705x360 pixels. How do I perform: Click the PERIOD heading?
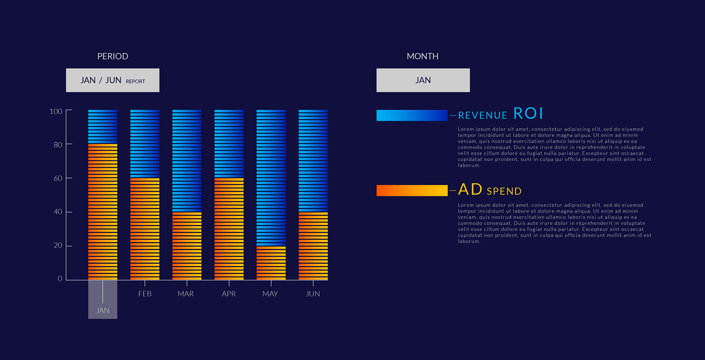[x=113, y=56]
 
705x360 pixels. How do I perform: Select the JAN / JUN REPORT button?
[x=113, y=80]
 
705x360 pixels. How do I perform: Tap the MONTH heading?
[x=423, y=56]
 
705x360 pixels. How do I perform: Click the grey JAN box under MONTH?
[x=423, y=80]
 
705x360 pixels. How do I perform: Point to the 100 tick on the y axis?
[x=69, y=110]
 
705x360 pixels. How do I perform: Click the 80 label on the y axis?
[x=58, y=145]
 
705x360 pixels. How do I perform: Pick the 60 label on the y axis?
[x=58, y=178]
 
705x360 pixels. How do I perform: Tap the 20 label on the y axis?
[x=58, y=245]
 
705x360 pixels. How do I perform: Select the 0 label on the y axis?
[x=60, y=279]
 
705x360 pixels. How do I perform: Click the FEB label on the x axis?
[x=145, y=294]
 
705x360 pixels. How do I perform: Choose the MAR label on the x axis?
[x=186, y=294]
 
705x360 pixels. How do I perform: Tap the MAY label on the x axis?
[x=270, y=294]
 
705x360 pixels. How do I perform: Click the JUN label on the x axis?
[x=313, y=294]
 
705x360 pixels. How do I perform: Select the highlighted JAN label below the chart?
[x=103, y=310]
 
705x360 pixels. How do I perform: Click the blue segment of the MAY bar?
[x=271, y=178]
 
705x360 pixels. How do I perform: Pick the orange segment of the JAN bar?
[x=103, y=212]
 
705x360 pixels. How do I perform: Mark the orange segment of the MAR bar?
[x=187, y=246]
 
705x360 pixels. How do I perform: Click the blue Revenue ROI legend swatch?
[x=412, y=115]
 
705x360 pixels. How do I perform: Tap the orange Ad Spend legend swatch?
[x=412, y=190]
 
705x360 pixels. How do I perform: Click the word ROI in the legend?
[x=528, y=113]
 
